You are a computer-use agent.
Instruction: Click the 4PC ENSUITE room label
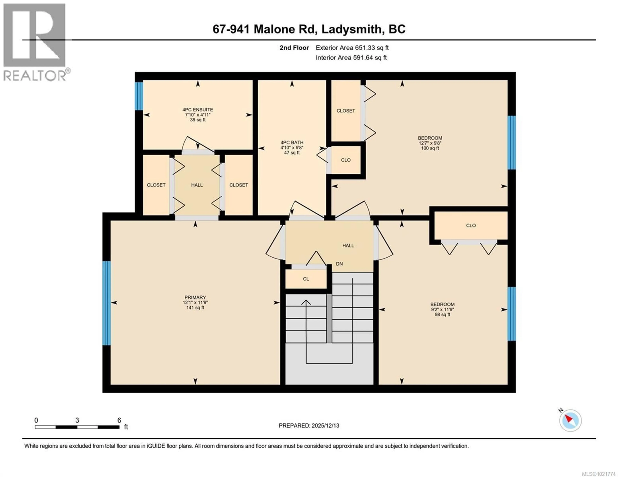(197, 114)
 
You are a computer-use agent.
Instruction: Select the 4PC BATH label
(292, 147)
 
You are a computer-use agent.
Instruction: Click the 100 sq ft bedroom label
(430, 143)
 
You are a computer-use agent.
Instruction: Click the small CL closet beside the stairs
(306, 279)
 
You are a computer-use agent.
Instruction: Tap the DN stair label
(339, 264)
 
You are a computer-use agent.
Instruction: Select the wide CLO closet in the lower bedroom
(471, 225)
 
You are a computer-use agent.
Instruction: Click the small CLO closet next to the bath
(346, 160)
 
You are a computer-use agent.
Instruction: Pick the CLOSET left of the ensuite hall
(156, 185)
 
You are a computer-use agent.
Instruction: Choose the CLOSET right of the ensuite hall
(239, 185)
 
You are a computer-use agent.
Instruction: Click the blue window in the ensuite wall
(139, 96)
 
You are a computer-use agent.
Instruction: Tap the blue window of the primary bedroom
(106, 303)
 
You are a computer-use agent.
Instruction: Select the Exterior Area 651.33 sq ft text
(352, 48)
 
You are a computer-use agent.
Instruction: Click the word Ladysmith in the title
(351, 29)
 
